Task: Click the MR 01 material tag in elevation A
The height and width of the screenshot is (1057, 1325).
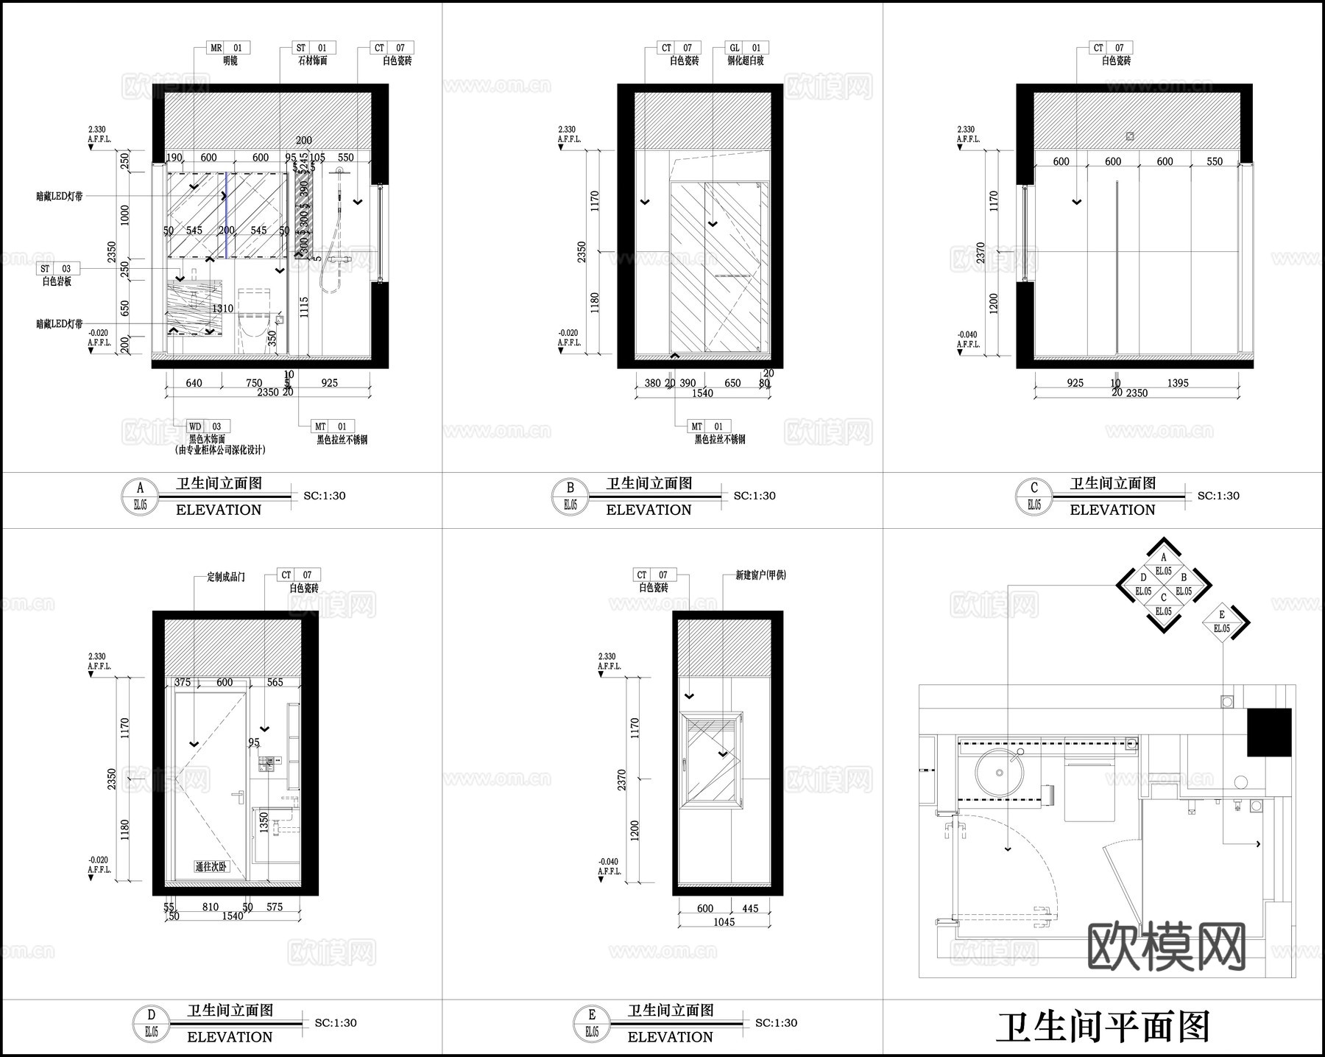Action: point(225,48)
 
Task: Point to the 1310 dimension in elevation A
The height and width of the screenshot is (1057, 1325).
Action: point(222,309)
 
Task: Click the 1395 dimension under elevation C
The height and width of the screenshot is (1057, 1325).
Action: point(1178,383)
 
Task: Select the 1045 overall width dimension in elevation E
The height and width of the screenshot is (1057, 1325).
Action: point(724,922)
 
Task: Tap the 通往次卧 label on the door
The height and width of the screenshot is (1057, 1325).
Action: point(211,867)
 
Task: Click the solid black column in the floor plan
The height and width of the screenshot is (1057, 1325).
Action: point(1268,732)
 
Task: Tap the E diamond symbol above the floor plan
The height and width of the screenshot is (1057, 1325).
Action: point(1222,622)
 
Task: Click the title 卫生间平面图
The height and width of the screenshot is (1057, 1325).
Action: point(1103,1027)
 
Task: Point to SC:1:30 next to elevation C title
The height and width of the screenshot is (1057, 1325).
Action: point(1218,496)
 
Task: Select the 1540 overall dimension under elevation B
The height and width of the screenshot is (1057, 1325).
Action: point(702,393)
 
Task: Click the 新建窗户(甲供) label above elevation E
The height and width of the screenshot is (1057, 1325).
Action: point(760,575)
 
